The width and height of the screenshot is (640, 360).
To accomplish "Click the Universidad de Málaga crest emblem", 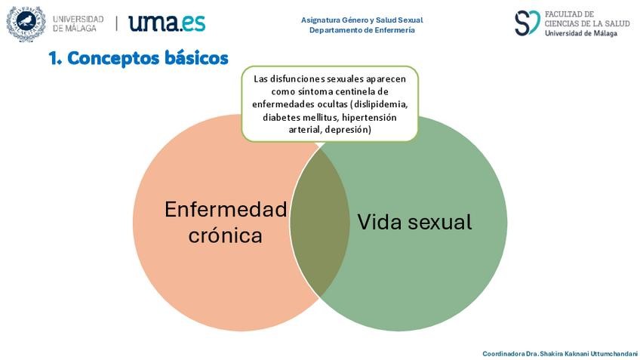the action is pos(26,23).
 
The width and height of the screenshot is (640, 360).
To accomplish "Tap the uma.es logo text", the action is pos(167,23).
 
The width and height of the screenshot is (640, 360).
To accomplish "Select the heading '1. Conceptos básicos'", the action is pos(138,58).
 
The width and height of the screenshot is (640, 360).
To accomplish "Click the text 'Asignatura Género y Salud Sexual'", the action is pos(362,20).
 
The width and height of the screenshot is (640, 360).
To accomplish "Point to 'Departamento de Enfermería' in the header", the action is pos(362,30).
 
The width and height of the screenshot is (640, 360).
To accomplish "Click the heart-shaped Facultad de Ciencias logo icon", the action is pos(527,23).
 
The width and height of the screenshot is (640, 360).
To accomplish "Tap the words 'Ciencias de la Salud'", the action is pos(586,23).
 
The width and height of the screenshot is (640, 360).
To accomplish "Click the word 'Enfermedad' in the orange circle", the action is pos(226,209).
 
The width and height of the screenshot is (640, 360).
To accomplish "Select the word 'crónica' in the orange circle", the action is pos(226,235).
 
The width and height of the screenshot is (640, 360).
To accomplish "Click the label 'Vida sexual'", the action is pos(414,222).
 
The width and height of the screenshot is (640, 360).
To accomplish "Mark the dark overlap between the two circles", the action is pos(319,222).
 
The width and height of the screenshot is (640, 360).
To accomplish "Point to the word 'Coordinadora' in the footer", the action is pos(503,353).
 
